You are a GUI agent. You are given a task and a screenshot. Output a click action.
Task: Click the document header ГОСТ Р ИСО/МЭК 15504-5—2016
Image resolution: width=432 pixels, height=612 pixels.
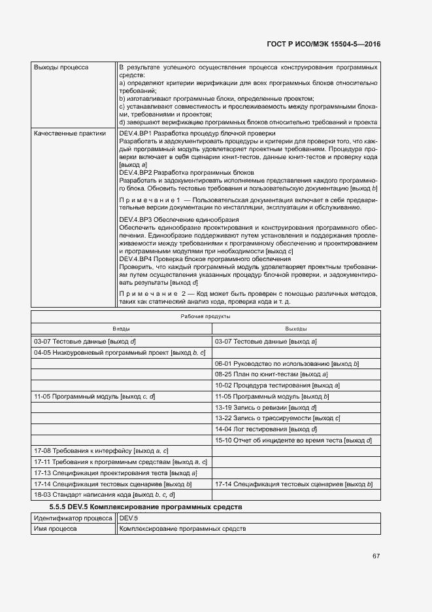[324, 44]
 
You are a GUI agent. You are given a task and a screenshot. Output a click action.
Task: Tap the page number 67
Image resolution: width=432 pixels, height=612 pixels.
[376, 556]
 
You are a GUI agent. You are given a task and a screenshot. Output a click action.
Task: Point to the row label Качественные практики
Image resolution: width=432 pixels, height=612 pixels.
[69, 133]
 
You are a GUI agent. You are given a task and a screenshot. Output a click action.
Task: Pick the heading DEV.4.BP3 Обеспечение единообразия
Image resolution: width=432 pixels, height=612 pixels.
[178, 219]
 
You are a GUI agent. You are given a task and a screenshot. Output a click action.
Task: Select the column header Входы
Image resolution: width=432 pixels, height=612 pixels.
[122, 329]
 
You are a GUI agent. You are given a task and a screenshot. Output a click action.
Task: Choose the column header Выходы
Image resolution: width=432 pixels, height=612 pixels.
[296, 329]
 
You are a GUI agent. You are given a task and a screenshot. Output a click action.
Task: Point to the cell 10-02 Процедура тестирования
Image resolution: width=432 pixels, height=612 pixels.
[277, 386]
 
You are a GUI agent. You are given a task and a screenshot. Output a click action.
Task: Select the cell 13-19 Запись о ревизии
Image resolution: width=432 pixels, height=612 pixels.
[265, 407]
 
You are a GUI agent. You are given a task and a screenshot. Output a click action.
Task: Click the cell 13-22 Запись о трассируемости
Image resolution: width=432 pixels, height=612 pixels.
[278, 418]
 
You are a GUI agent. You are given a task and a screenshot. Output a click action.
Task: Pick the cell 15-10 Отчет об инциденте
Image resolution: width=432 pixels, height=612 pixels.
[293, 441]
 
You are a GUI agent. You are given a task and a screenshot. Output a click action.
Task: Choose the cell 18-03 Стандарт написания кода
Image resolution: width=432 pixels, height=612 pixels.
[104, 495]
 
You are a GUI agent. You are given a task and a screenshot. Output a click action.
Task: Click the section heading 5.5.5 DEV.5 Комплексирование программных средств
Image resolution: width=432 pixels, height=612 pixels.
[146, 507]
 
